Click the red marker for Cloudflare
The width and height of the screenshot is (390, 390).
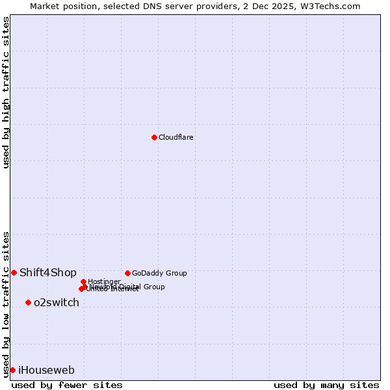(x=154, y=137)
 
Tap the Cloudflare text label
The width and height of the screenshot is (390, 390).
(x=176, y=137)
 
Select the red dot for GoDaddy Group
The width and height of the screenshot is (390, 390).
(x=127, y=273)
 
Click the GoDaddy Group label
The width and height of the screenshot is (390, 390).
(x=159, y=273)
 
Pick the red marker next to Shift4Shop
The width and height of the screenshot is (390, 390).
(x=14, y=272)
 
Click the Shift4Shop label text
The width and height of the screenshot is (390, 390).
(x=48, y=272)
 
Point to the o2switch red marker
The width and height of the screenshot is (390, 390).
(x=28, y=302)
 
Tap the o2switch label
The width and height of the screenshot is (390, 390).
(x=57, y=302)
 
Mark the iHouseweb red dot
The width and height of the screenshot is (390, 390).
(x=12, y=370)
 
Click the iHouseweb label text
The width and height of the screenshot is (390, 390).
(x=46, y=370)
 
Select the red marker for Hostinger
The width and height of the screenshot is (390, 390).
(x=83, y=281)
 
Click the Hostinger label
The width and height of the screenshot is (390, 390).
(x=104, y=281)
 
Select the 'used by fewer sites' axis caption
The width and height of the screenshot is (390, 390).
(x=67, y=385)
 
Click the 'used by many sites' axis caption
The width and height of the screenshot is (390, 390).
(x=326, y=385)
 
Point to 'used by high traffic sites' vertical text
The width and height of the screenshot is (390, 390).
(x=6, y=92)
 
